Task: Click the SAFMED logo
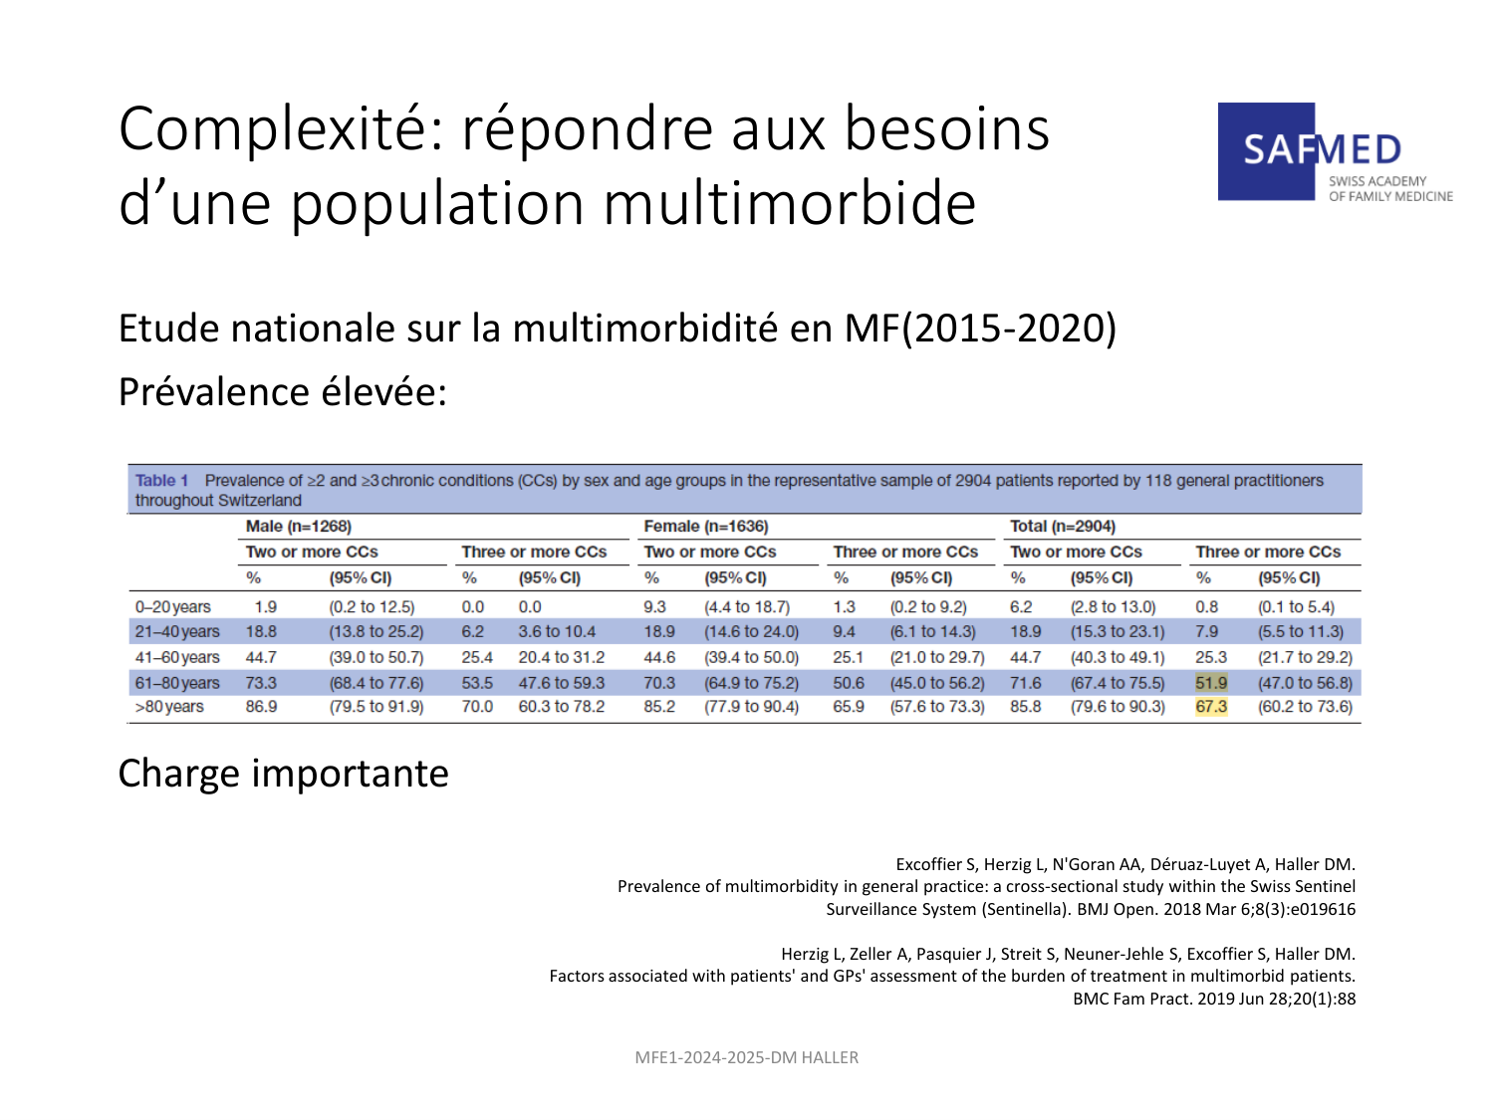pos(1335,151)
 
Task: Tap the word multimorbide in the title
pos(790,203)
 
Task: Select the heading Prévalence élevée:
pos(283,391)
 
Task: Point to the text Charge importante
pos(283,774)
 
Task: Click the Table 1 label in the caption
pos(161,480)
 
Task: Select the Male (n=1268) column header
pos(298,527)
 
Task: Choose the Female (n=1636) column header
pos(706,527)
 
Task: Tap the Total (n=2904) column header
pos(1063,527)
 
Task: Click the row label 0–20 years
pos(173,606)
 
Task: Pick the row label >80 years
pos(168,707)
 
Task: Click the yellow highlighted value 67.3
pos(1211,707)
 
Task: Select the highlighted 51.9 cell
pos(1211,683)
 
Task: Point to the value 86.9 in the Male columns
pos(261,707)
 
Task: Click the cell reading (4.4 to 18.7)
pos(747,606)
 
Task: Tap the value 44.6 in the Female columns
pos(659,658)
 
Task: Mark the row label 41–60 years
pos(177,658)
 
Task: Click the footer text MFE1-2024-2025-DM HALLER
pos(747,1057)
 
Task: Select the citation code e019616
pos(1323,909)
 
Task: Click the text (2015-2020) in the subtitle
pos(1009,329)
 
